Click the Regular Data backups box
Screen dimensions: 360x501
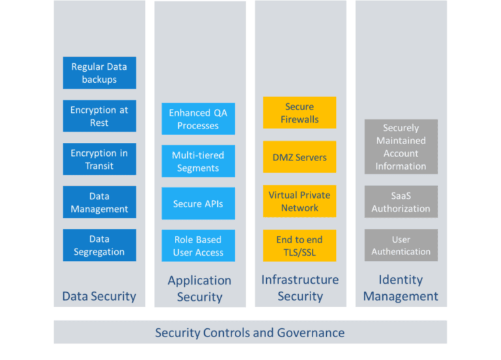[x=99, y=73]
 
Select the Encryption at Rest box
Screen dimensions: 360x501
[x=99, y=116]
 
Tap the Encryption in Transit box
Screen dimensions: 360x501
[x=99, y=159]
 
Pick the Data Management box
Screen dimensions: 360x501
[x=99, y=202]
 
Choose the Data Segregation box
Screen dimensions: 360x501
[x=99, y=245]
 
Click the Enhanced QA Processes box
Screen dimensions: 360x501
[x=198, y=119]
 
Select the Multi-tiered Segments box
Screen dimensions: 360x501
[x=198, y=161]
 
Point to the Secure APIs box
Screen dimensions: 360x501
[x=198, y=203]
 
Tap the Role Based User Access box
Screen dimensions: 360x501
[x=198, y=246]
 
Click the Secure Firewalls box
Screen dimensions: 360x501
[x=299, y=113]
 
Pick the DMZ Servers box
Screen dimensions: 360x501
[x=299, y=157]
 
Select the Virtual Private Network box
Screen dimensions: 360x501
[x=299, y=201]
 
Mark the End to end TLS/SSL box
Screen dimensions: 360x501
[x=299, y=245]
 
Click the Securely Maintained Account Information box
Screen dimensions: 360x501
[x=401, y=147]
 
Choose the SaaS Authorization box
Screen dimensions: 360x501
[x=401, y=202]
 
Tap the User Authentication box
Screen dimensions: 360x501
[x=401, y=245]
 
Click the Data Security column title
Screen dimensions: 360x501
[x=99, y=296]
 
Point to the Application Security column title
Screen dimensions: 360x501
[x=200, y=288]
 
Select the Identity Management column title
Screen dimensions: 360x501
[x=401, y=288]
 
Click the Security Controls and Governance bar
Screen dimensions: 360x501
[x=250, y=333]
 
